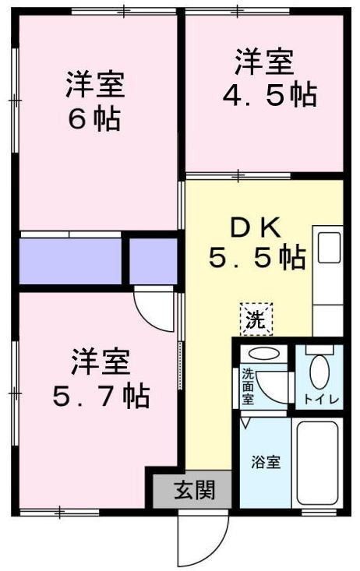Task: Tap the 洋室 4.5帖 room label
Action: click(x=265, y=77)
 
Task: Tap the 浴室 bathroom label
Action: click(x=265, y=461)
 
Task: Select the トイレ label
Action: click(x=319, y=399)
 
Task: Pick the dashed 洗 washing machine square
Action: click(x=256, y=318)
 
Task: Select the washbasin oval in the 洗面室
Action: click(x=266, y=354)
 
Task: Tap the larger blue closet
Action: click(x=70, y=262)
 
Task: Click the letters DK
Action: click(x=253, y=227)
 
